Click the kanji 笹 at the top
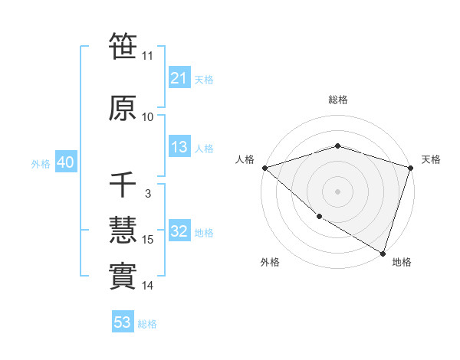click(x=123, y=46)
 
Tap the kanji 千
click(x=123, y=185)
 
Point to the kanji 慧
click(x=123, y=231)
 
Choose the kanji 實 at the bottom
click(x=123, y=277)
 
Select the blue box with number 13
click(x=179, y=147)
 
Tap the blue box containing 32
click(x=179, y=231)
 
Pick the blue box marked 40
click(x=65, y=162)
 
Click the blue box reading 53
click(x=123, y=322)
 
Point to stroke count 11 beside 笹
click(x=147, y=55)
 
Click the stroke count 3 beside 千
click(x=147, y=194)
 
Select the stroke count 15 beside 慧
click(x=147, y=240)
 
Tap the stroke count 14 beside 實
click(x=147, y=286)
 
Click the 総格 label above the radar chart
click(x=337, y=100)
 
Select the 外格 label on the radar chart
click(x=270, y=262)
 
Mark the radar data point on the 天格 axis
click(x=411, y=168)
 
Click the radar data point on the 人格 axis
click(x=264, y=168)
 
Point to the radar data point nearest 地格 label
click(x=383, y=253)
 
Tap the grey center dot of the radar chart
click(x=337, y=191)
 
